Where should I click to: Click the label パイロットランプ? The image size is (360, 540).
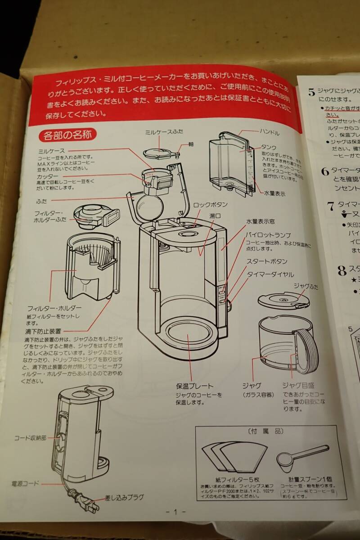pyautogui.click(x=268, y=235)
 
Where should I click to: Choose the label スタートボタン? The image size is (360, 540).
pyautogui.click(x=266, y=261)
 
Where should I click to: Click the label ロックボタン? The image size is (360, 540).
pyautogui.click(x=210, y=205)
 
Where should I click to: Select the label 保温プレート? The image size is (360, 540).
pyautogui.click(x=194, y=386)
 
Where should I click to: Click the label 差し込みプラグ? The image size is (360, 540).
pyautogui.click(x=124, y=497)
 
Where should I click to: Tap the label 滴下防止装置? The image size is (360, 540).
pyautogui.click(x=43, y=331)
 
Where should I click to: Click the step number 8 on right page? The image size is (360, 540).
pyautogui.click(x=342, y=270)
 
